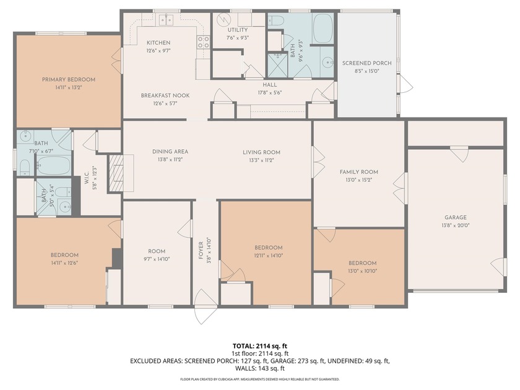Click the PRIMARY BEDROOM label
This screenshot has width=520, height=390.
pyautogui.click(x=69, y=79)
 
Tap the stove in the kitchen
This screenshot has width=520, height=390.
pyautogui.click(x=202, y=43)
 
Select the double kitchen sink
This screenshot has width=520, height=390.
pyautogui.click(x=165, y=20)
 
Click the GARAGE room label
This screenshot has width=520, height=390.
pyautogui.click(x=455, y=217)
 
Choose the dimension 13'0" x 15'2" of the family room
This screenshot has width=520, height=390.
pyautogui.click(x=358, y=181)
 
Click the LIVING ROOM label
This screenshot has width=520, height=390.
pyautogui.click(x=261, y=152)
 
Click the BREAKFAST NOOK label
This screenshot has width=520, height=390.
pyautogui.click(x=165, y=95)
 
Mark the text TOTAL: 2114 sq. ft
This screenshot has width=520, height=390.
pyautogui.click(x=259, y=345)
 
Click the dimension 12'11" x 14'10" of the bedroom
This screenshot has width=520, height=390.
pyautogui.click(x=268, y=255)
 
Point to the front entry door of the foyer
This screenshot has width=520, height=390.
pyautogui.click(x=205, y=306)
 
